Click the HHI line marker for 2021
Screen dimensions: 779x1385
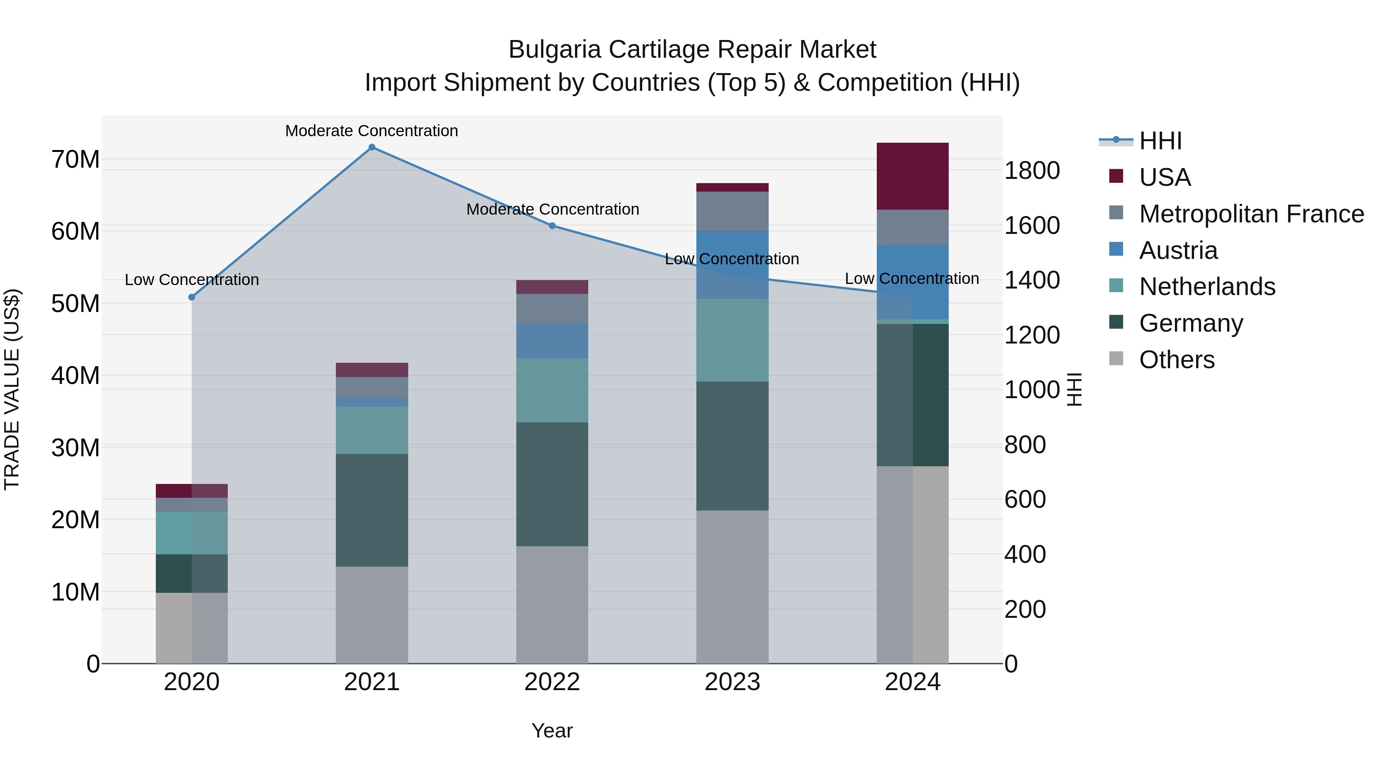[x=372, y=147]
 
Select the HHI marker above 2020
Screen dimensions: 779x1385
[x=192, y=297]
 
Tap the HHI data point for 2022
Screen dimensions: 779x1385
[x=552, y=226]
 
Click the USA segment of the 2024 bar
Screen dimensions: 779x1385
[x=913, y=176]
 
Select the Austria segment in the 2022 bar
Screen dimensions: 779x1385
[x=552, y=341]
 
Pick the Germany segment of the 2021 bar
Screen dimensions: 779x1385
[x=372, y=510]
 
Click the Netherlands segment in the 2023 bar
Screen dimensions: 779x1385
[x=732, y=340]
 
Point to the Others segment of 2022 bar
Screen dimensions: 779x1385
[x=552, y=605]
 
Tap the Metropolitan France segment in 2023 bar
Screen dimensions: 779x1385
[x=732, y=211]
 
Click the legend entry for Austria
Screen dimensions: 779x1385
[x=1178, y=250]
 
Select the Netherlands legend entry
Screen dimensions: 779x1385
[x=1206, y=287]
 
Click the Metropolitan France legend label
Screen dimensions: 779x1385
[x=1251, y=214]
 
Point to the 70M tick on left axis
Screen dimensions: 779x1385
[x=75, y=160]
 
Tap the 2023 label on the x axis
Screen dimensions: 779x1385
[x=732, y=682]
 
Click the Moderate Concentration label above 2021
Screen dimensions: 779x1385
[x=372, y=131]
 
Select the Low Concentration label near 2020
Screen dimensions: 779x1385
[x=192, y=280]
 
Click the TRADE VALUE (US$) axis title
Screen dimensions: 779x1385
[x=12, y=389]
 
